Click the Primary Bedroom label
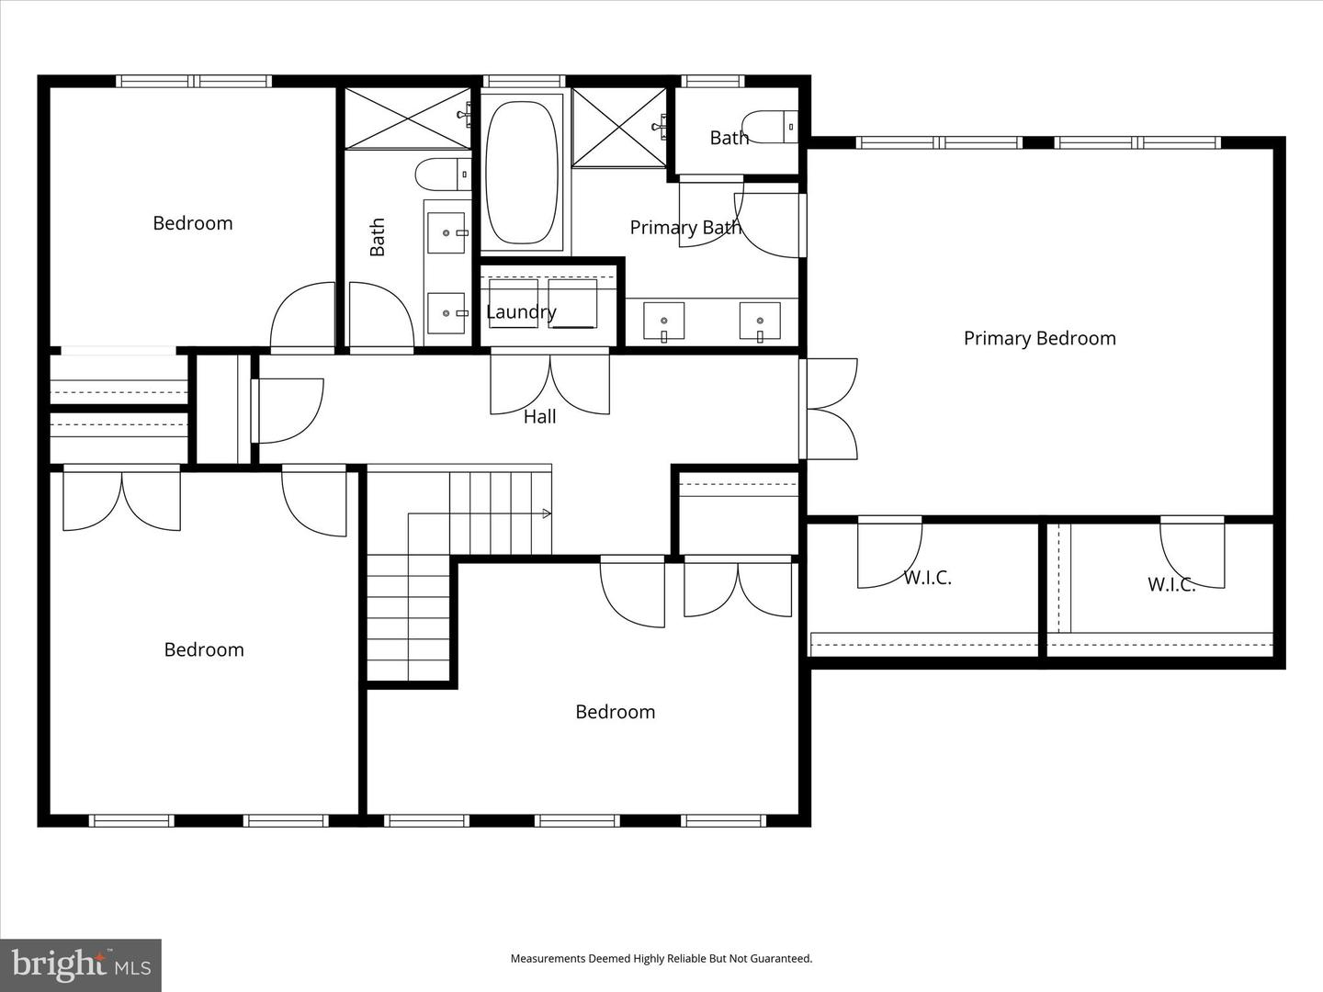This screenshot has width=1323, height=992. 1039,338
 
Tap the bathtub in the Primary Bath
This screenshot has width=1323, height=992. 521,173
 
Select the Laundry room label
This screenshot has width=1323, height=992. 521,312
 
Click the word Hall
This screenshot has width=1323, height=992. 540,417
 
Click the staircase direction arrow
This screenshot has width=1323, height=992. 547,513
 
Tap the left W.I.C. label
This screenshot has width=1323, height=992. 927,578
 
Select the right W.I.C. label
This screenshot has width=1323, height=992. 1171,584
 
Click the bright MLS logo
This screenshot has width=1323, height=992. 81,964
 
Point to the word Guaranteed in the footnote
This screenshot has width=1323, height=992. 781,959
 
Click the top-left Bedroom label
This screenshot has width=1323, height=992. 193,223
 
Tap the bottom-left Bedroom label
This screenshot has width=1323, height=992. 204,650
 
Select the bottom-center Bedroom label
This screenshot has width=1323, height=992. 615,712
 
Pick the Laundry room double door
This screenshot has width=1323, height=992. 549,384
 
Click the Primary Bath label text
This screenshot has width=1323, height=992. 684,228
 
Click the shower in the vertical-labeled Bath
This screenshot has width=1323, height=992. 408,118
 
